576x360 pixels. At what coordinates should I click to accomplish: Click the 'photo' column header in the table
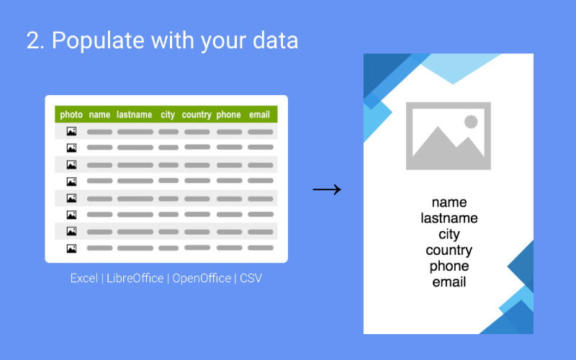tap(71, 114)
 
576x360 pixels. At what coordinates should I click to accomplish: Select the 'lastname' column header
tap(134, 114)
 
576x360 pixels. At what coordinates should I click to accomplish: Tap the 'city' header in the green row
tap(168, 115)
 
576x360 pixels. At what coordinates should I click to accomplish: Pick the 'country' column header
tap(197, 115)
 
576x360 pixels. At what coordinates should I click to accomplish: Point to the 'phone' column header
tap(228, 115)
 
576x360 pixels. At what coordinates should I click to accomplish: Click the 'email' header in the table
tap(259, 114)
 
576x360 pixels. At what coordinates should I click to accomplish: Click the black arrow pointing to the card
tap(327, 189)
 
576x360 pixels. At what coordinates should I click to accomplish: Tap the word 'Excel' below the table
tap(84, 278)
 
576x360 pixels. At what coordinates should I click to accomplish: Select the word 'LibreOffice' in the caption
tap(135, 278)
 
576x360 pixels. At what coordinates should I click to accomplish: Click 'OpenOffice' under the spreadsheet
tap(202, 278)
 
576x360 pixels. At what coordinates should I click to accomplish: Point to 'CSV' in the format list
tap(251, 278)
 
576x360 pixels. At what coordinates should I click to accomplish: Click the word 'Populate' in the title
tap(98, 40)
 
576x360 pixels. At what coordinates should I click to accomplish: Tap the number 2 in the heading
tap(33, 40)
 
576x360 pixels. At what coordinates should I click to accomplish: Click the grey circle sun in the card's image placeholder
tap(471, 122)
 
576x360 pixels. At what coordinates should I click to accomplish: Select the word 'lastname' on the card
tap(449, 218)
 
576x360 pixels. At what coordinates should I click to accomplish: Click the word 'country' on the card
tap(449, 251)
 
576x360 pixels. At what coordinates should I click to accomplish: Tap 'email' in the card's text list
tap(449, 282)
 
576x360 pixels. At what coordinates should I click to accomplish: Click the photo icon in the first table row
tap(71, 131)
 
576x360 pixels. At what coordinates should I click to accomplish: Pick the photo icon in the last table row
tap(71, 248)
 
